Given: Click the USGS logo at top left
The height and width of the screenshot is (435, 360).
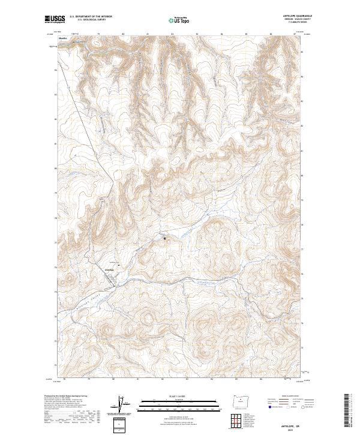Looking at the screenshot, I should coord(55,19).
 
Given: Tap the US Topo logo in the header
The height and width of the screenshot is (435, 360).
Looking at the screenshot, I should coord(179,19).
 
